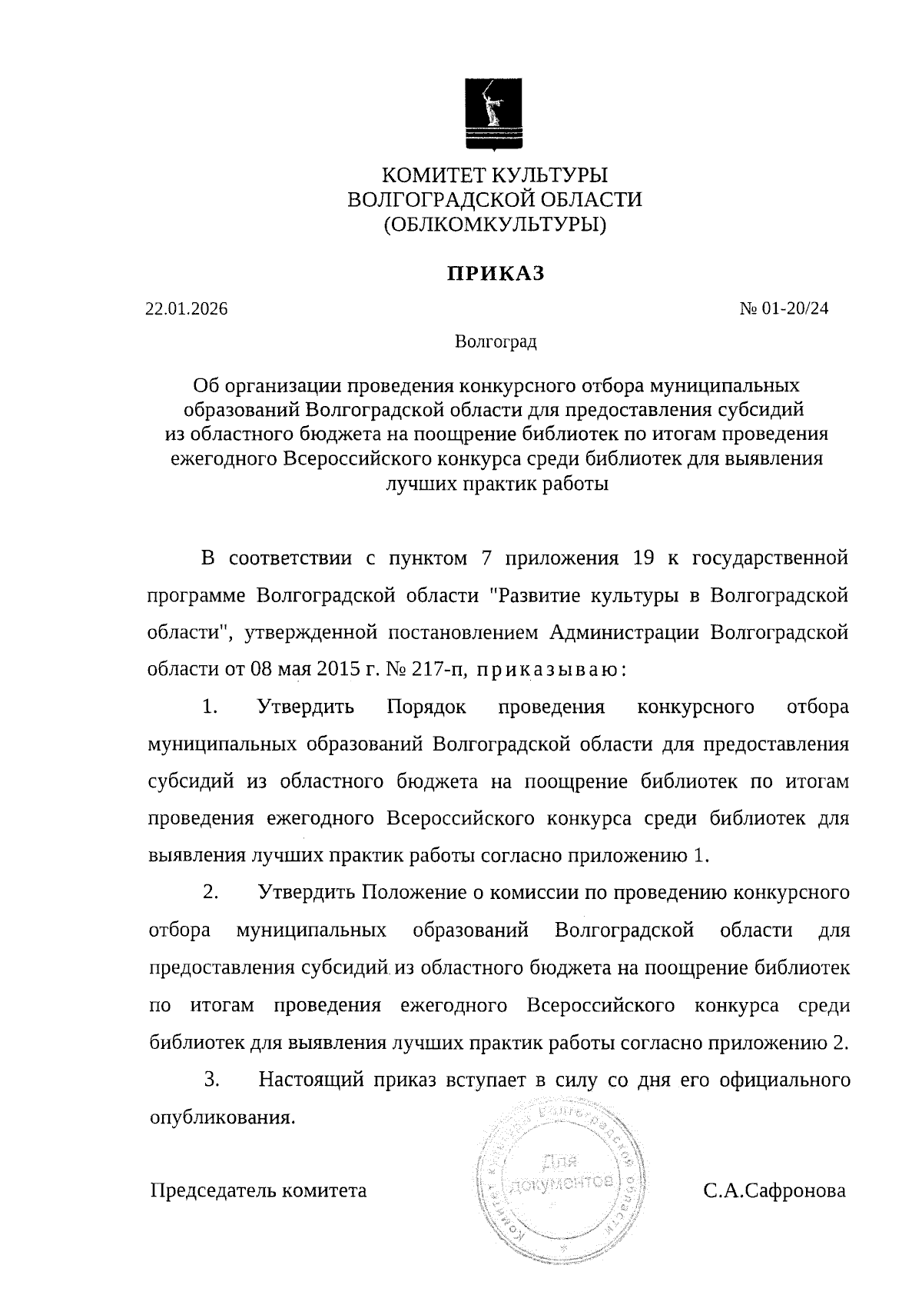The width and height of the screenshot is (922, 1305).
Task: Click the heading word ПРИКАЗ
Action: (496, 273)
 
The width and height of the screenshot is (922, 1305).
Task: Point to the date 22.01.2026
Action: (187, 309)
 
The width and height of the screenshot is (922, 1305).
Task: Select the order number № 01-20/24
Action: (784, 309)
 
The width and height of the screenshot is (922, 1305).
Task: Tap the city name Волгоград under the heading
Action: (496, 341)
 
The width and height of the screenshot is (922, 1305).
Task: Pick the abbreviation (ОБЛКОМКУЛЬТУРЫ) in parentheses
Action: (496, 225)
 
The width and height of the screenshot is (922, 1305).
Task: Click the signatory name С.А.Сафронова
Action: (773, 1191)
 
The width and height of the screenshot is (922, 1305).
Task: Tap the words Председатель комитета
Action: (257, 1191)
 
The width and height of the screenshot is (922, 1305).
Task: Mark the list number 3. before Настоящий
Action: (212, 1080)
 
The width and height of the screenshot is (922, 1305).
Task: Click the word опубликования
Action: (221, 1117)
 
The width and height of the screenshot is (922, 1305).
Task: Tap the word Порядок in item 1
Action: (426, 707)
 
